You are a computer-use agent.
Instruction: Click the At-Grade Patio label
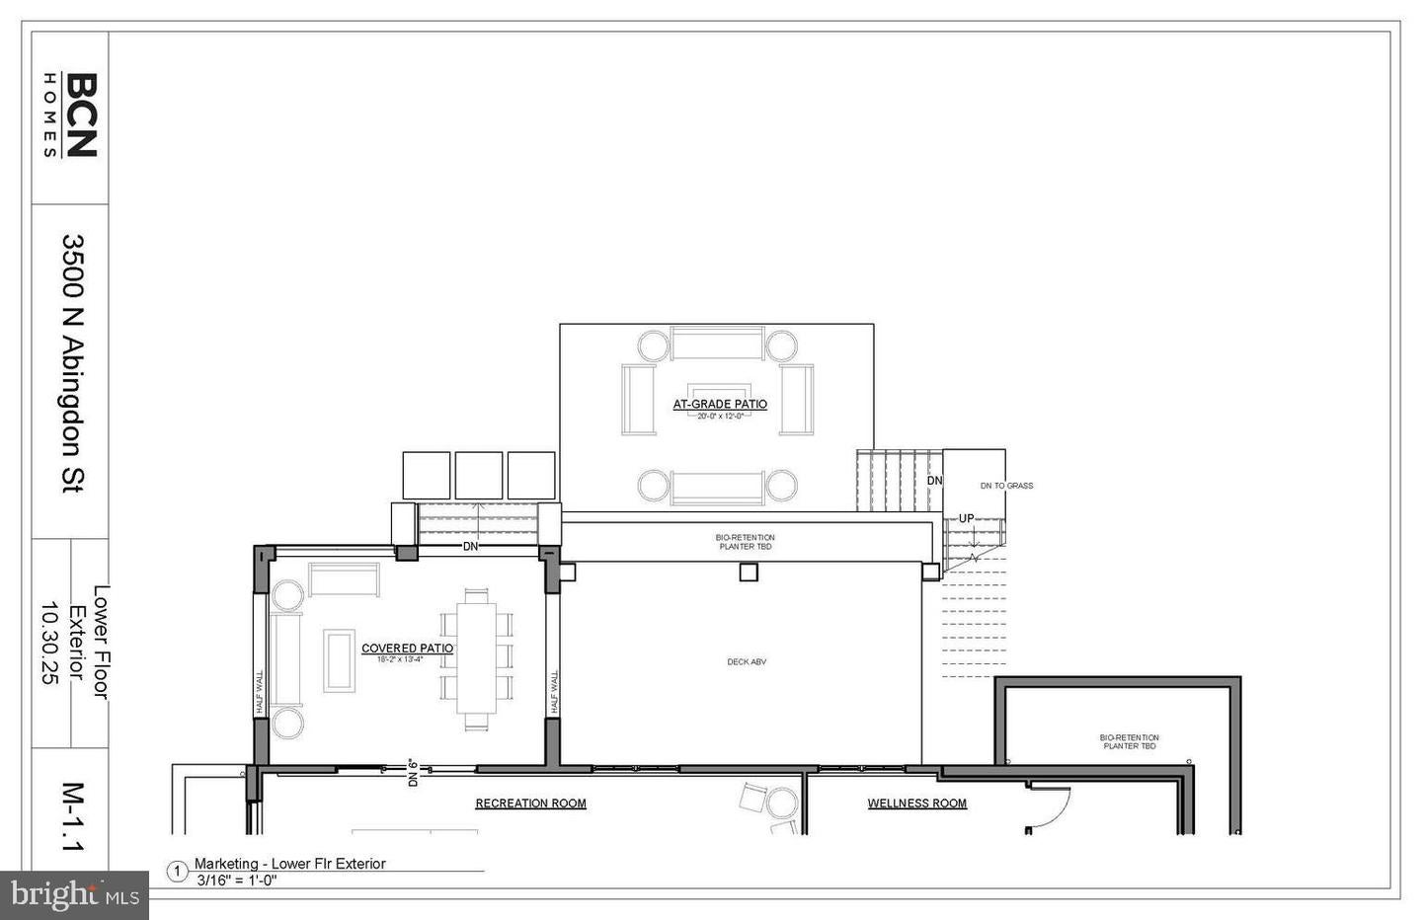pos(720,404)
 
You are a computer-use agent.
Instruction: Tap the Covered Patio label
pos(407,649)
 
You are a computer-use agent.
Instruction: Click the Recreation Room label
pos(530,804)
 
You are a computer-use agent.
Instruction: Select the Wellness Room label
pos(916,804)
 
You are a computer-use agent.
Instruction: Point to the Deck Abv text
pos(747,662)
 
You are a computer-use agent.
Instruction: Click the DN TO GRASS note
pos(1006,486)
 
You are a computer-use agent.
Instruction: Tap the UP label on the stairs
pos(966,519)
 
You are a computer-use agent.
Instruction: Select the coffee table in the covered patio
pos(340,660)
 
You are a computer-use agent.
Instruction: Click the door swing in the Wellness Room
pos(1050,807)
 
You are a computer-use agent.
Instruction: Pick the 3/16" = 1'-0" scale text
pos(236,881)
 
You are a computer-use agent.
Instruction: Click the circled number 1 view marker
pos(178,872)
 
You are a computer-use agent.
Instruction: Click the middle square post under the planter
pos(749,572)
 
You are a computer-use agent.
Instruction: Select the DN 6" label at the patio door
pos(414,772)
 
